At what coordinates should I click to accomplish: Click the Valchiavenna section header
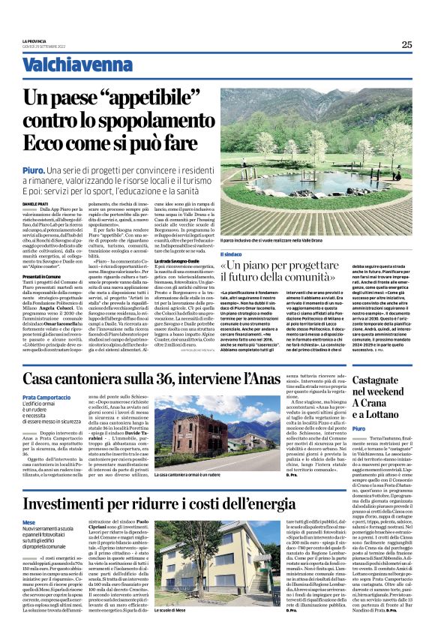pyautogui.click(x=65, y=65)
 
